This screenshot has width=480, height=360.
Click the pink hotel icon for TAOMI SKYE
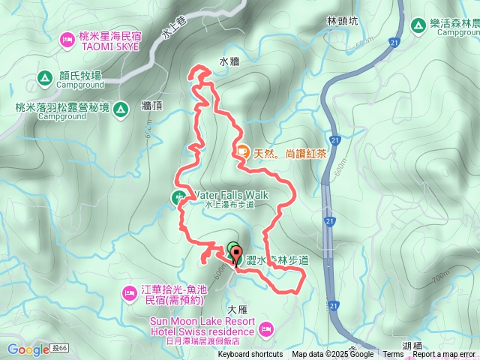67,38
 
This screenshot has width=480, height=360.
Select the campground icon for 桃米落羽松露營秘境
120,110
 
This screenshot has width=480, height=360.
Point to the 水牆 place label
229,62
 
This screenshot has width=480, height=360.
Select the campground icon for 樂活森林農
419,22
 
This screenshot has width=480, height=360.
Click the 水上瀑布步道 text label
230,204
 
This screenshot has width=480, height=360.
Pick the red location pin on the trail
235,255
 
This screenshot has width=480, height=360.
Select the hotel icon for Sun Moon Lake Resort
265,327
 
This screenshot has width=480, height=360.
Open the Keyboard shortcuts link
250,355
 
